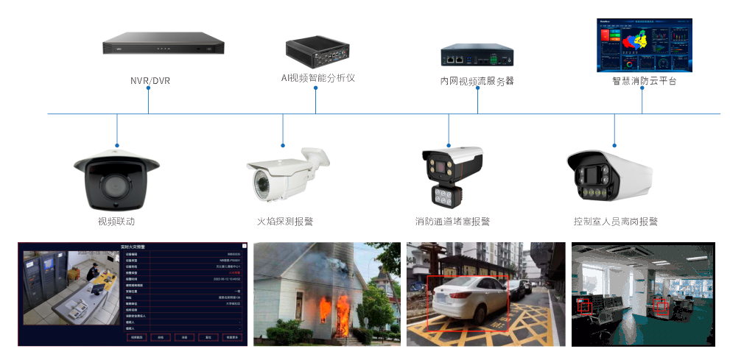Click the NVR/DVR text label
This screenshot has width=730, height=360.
[x=150, y=80]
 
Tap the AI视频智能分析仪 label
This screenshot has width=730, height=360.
[x=317, y=77]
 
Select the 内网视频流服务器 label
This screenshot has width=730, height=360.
[x=477, y=80]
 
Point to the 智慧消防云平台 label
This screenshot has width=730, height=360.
[x=644, y=81]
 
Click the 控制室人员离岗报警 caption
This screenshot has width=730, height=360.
[x=615, y=221]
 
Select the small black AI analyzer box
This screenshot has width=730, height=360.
[x=317, y=49]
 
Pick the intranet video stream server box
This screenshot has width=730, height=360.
[x=477, y=55]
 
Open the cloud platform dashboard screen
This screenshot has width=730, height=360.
[x=644, y=46]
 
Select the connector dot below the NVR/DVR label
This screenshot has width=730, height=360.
[x=149, y=88]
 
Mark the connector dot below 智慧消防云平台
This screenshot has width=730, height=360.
[x=642, y=89]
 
